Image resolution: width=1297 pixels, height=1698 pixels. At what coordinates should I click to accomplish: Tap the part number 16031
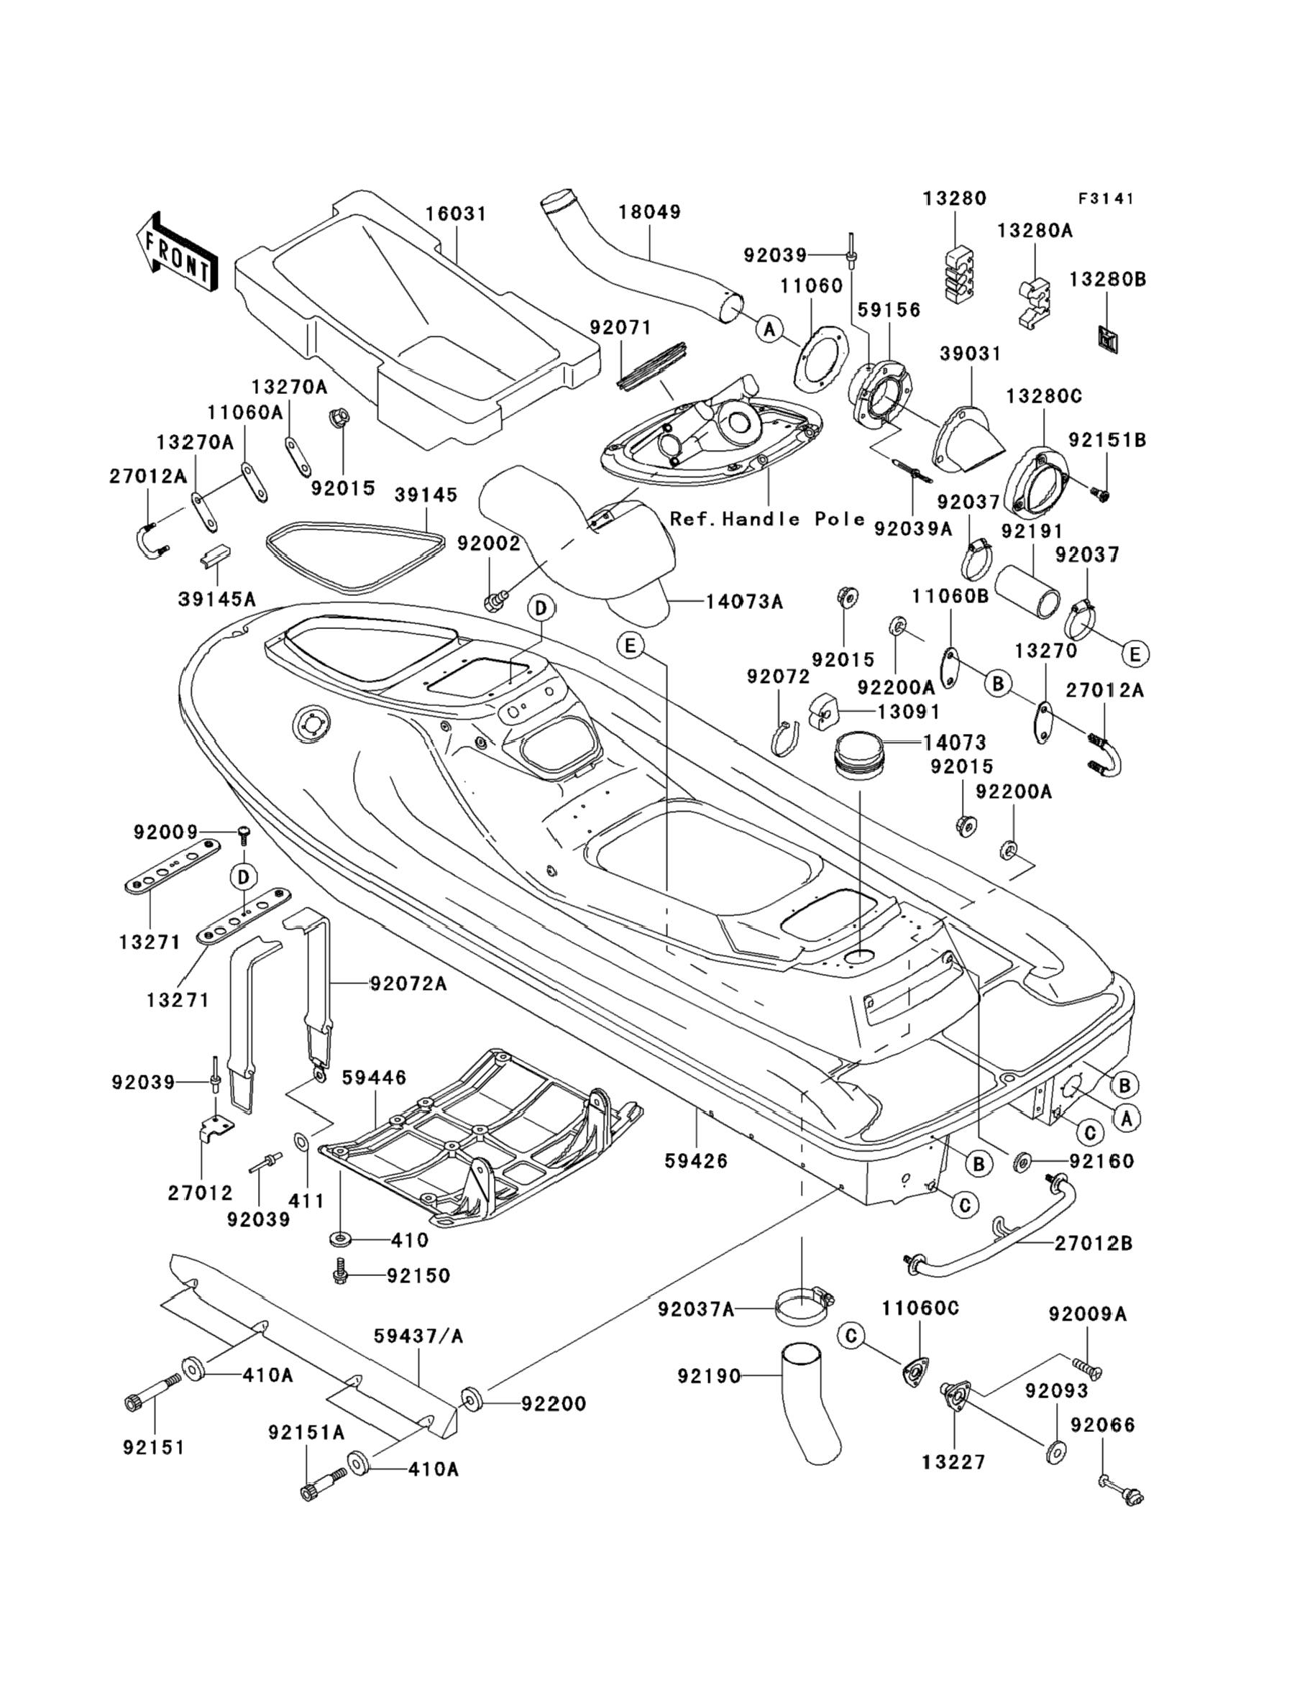[x=457, y=213]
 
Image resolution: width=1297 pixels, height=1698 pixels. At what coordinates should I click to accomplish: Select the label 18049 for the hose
[x=650, y=211]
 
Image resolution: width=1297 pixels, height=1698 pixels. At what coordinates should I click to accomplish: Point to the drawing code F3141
[x=1106, y=198]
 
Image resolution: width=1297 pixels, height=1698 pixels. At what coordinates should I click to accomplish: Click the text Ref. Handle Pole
[x=767, y=518]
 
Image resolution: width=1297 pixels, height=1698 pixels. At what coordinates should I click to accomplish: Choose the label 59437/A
[x=418, y=1335]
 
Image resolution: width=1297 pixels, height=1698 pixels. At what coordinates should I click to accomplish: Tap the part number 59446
[x=375, y=1077]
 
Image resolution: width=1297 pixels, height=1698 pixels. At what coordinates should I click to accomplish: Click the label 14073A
[x=744, y=601]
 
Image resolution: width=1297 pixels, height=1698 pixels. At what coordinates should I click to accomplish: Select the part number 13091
[x=908, y=711]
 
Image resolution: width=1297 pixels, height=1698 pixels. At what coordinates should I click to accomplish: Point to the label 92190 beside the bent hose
[x=709, y=1375]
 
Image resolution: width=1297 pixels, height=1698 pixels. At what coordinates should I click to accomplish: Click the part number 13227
[x=954, y=1461]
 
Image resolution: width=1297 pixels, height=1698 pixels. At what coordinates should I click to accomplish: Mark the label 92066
[x=1103, y=1425]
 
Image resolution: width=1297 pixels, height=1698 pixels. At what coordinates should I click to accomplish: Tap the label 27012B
[x=1094, y=1244]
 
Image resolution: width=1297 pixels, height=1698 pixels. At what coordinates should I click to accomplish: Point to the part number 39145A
[x=217, y=599]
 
